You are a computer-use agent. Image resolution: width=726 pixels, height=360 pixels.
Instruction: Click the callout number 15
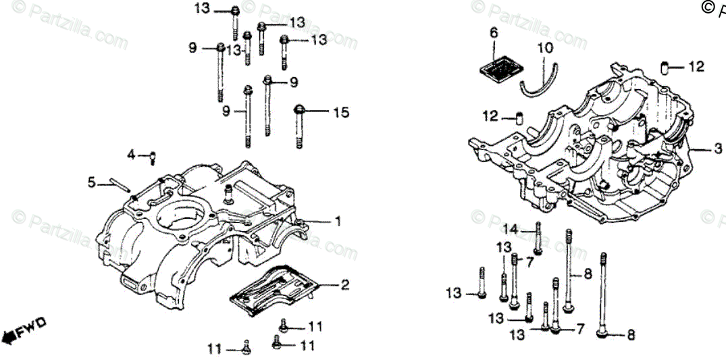coord(341,112)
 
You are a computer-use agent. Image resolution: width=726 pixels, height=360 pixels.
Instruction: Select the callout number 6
coord(494,32)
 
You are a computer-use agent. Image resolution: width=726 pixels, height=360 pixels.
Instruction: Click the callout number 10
coord(544,48)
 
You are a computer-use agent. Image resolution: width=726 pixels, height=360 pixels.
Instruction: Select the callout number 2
coord(344,285)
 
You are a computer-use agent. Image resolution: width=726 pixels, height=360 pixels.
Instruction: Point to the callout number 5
coord(91,182)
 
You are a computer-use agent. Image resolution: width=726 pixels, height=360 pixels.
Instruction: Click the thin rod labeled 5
coord(115,184)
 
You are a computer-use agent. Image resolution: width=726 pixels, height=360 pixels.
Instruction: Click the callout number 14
coord(509,230)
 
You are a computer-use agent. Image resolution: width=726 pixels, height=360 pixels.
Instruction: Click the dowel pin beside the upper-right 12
coord(665,68)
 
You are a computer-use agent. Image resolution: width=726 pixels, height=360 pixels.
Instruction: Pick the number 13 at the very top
coord(202,9)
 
